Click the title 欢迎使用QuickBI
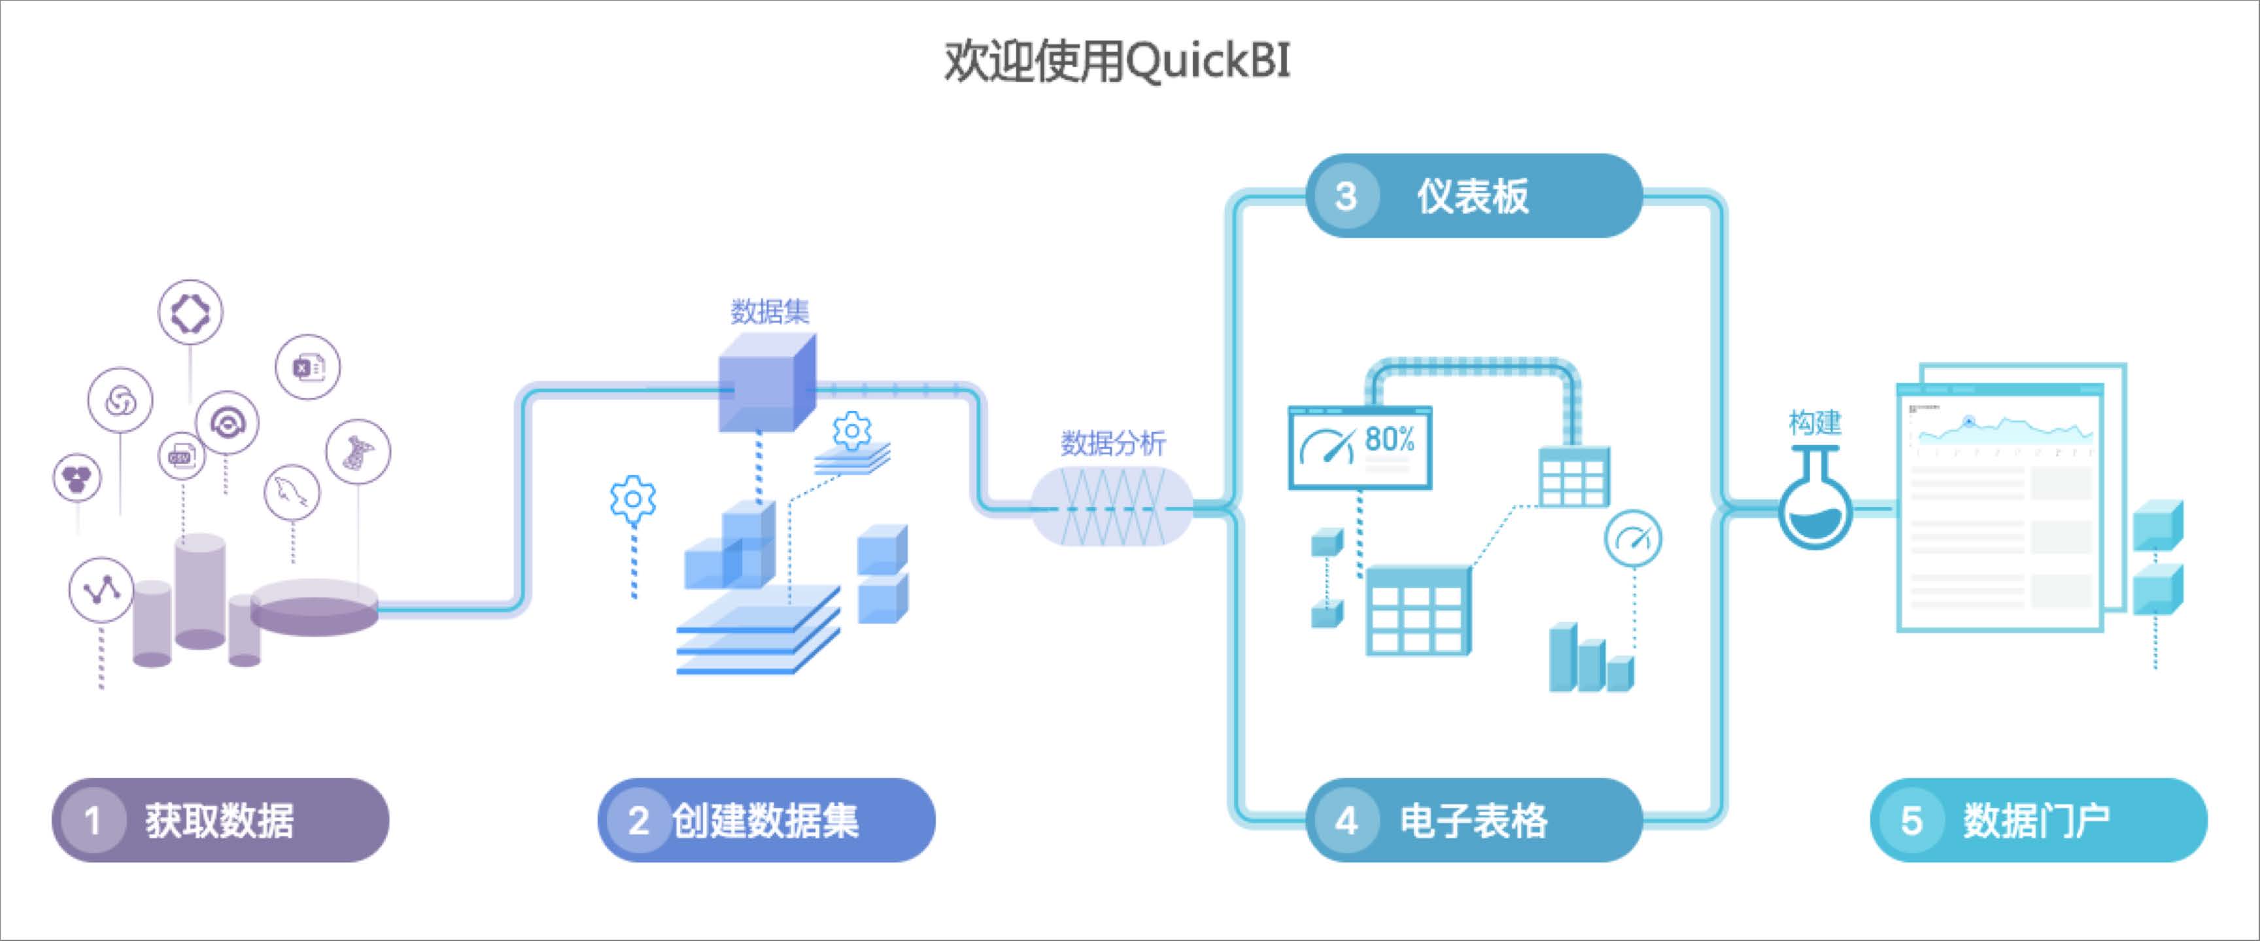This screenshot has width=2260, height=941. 1116,62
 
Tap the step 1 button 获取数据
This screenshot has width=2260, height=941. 219,820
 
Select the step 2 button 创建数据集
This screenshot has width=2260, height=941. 766,820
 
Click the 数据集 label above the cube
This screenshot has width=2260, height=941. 770,311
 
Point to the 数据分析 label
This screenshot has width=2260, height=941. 1112,442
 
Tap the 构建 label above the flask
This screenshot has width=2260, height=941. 1814,423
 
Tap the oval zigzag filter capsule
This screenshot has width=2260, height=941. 1112,506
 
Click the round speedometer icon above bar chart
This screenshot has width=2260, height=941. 1633,538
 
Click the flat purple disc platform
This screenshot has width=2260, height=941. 314,606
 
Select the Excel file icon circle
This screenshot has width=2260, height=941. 307,367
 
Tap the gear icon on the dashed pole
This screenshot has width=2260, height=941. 632,499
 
